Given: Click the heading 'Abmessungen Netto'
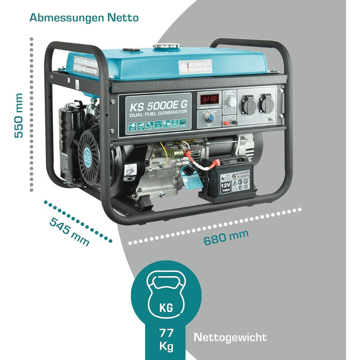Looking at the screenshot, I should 84,18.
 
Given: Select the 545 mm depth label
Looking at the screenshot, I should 69,230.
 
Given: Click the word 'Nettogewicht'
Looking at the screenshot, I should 230,338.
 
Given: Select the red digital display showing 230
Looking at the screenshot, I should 210,99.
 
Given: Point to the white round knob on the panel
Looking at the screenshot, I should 232,102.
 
